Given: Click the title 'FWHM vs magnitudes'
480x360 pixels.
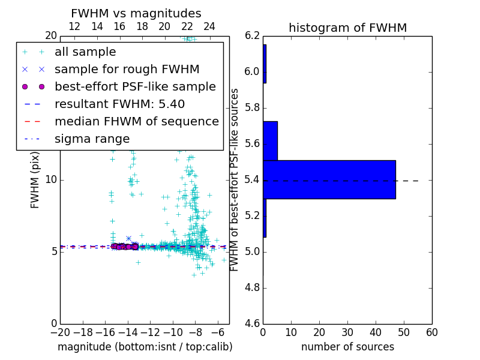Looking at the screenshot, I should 136,14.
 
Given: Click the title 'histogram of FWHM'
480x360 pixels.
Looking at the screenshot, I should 347,28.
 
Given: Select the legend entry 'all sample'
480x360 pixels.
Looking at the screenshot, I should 85,52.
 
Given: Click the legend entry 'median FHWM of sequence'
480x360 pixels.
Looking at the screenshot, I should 137,122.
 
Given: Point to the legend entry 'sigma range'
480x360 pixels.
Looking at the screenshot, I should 92,139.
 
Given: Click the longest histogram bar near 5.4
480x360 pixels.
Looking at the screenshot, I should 329,179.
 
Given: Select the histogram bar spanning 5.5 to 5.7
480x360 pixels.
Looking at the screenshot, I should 270,141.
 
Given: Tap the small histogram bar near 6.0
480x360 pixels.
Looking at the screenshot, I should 265,64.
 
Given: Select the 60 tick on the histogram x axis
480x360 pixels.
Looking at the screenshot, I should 431,333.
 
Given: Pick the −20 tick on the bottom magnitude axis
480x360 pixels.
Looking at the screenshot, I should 60,333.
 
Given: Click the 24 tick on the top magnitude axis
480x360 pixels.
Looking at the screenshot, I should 209,26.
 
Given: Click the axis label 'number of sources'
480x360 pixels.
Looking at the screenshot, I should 347,347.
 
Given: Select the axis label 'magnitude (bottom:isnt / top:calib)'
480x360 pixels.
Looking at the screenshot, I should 145,347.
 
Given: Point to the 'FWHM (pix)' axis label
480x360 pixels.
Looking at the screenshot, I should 35,179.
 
